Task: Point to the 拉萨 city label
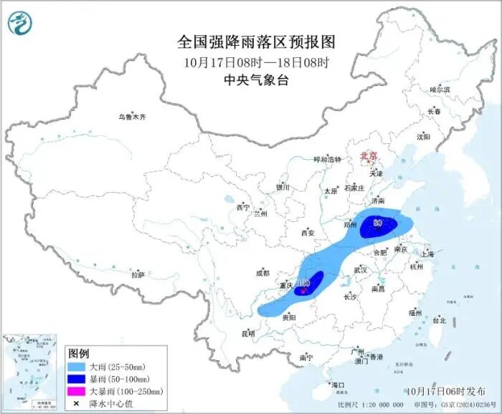138,274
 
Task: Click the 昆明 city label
247,333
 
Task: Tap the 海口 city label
338,385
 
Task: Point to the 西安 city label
308,233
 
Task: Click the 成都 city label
262,272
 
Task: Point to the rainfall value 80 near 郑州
377,222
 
